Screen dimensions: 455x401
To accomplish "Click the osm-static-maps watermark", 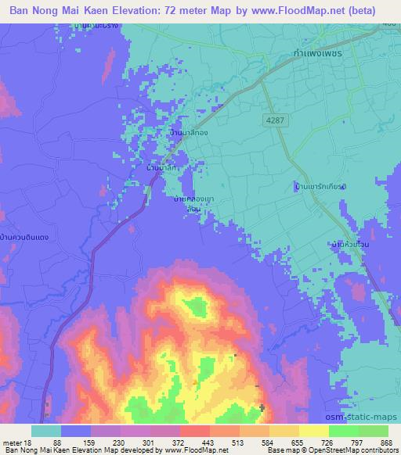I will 367,418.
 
